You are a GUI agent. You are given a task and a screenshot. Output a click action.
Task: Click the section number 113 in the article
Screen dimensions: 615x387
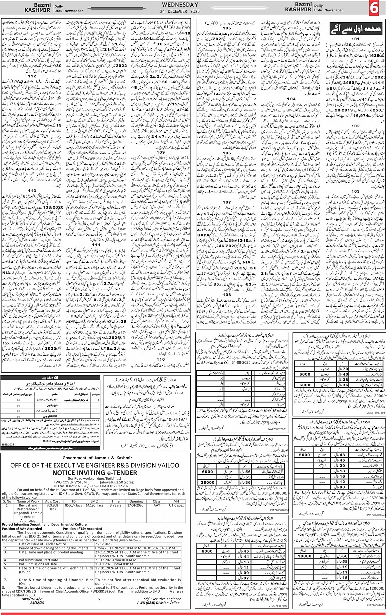tap(33, 190)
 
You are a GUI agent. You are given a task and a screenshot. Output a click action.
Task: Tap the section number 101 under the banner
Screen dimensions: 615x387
tap(355, 38)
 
